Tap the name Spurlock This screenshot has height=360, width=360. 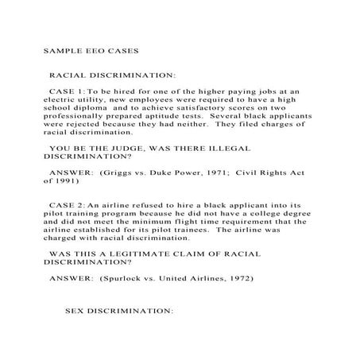point(125,279)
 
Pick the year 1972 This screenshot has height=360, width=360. point(236,279)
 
